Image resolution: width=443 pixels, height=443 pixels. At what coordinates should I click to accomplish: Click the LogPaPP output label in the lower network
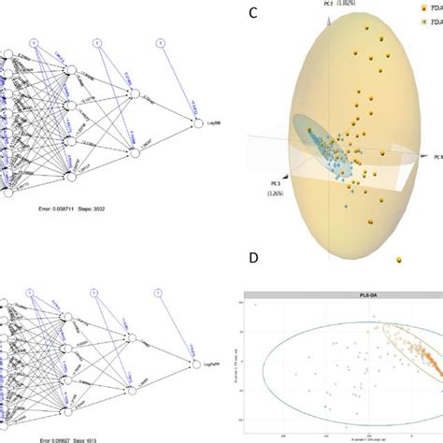coord(219,364)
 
